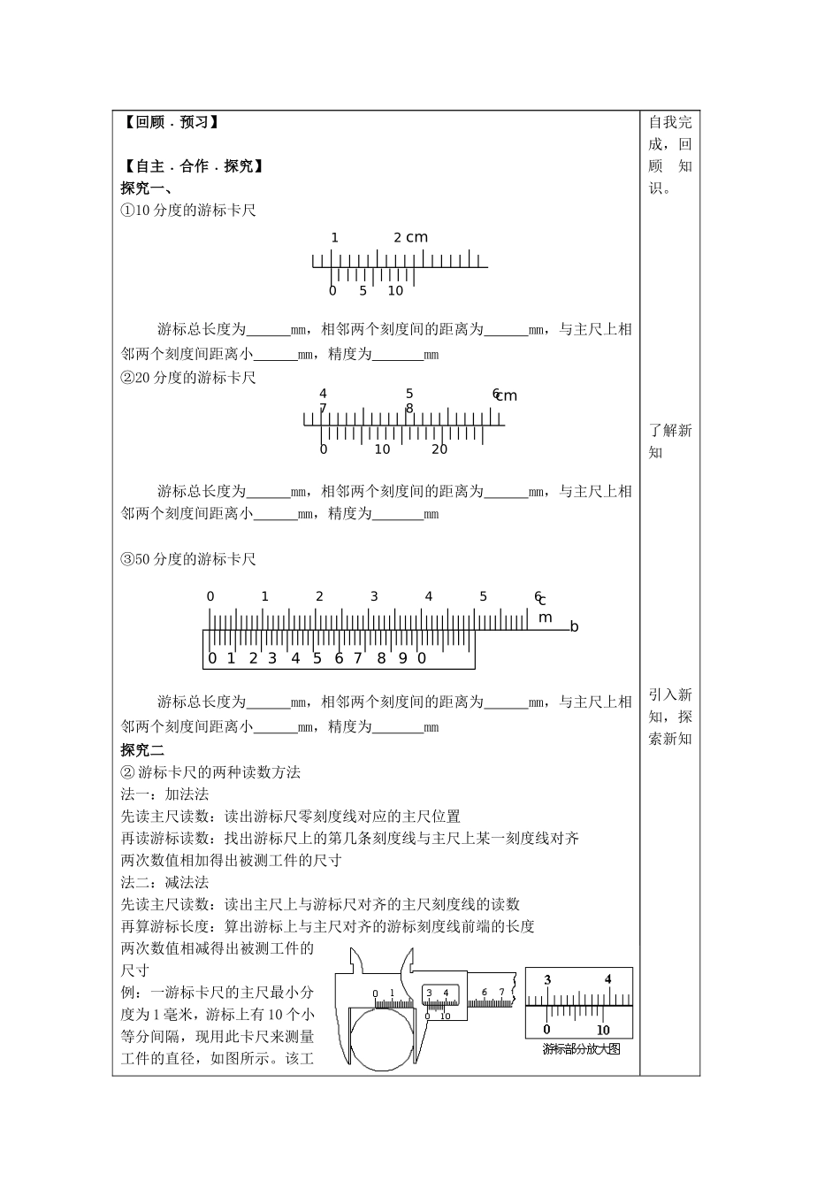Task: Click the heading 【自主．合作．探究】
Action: coord(193,165)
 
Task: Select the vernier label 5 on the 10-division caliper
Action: coord(363,291)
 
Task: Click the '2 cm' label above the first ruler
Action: coord(410,237)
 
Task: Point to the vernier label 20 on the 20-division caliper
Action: coord(439,449)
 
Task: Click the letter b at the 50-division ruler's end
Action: coord(574,627)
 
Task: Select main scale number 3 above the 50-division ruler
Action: coord(374,596)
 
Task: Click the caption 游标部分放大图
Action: coord(581,1049)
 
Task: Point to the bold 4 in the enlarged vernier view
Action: coord(607,979)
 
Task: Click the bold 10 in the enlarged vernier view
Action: coord(603,1030)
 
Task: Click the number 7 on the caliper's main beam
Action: coord(501,993)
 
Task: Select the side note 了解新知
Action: coord(670,441)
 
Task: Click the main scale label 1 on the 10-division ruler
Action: coord(335,237)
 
